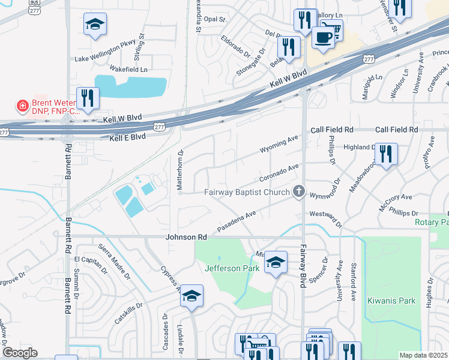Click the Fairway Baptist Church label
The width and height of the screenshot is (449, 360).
click(x=247, y=193)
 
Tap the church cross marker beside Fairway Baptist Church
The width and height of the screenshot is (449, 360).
click(x=298, y=193)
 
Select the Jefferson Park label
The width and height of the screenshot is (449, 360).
click(x=232, y=268)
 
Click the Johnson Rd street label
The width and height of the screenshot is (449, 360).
click(x=186, y=238)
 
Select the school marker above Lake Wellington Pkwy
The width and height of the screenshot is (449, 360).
click(x=95, y=25)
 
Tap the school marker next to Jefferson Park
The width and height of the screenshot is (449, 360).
click(x=276, y=262)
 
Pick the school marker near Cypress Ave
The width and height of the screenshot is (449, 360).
click(x=191, y=296)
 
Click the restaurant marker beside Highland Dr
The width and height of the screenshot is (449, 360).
click(x=386, y=154)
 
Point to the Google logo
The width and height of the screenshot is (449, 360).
click(x=20, y=353)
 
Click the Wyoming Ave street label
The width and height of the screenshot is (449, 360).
click(x=279, y=143)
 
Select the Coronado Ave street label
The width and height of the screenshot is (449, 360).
click(x=279, y=174)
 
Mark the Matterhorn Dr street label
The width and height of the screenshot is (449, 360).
click(x=179, y=172)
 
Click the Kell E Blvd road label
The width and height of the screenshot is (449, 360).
click(x=128, y=137)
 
